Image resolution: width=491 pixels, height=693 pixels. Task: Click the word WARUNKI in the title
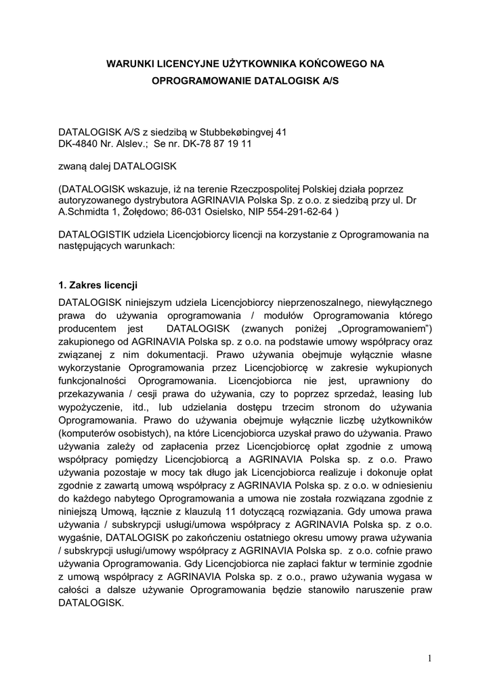coord(130,64)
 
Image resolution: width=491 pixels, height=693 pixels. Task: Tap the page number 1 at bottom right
coord(429,658)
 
